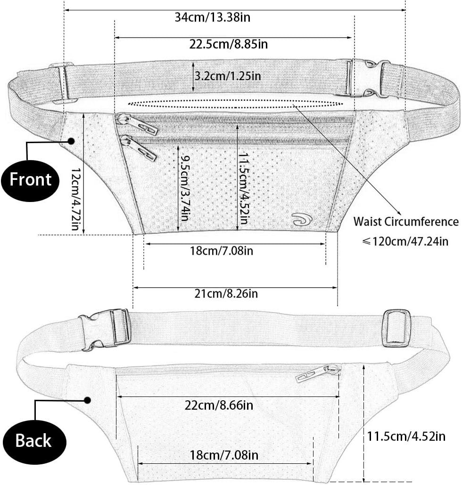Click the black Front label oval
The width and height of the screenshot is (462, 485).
(30, 181)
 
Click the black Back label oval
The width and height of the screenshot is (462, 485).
(33, 441)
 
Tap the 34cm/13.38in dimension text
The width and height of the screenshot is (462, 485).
(213, 17)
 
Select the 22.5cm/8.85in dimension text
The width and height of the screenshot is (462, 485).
(229, 44)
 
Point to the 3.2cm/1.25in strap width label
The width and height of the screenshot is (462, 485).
(228, 76)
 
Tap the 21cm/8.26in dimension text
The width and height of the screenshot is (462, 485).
(226, 293)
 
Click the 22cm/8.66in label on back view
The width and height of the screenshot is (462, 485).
(219, 405)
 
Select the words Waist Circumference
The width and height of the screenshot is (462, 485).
(406, 222)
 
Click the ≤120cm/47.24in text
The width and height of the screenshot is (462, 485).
(405, 241)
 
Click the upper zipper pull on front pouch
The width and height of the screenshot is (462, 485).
(137, 124)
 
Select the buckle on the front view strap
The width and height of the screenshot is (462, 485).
(369, 79)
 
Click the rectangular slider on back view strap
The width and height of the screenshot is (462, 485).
(397, 328)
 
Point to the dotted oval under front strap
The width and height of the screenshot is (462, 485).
(236, 104)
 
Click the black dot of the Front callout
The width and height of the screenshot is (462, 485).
(72, 141)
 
